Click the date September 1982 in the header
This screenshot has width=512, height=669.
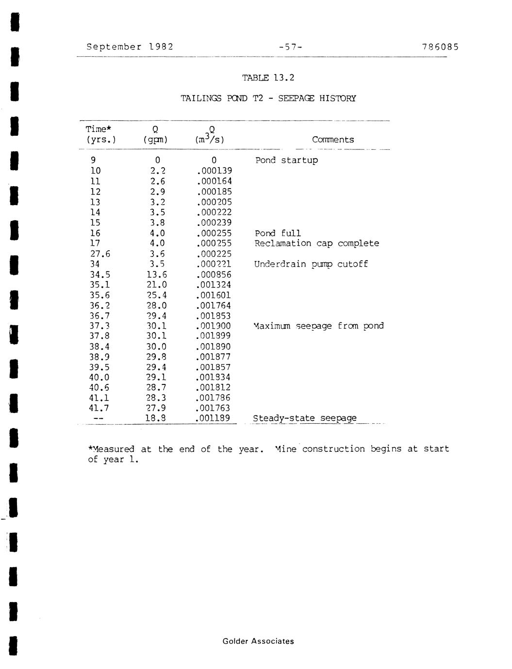tap(130, 47)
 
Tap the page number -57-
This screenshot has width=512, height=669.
tap(291, 47)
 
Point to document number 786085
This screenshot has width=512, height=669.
tap(440, 47)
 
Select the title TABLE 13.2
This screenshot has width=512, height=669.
tap(268, 78)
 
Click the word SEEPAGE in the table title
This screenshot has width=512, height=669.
tap(296, 98)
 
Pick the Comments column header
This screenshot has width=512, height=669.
tap(333, 140)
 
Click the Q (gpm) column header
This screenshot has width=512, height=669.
tap(155, 135)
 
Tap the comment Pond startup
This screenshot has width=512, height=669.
tap(286, 160)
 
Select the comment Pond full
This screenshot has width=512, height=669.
tap(278, 233)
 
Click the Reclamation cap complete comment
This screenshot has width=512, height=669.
tap(316, 243)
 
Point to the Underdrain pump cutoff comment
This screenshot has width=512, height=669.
tap(311, 264)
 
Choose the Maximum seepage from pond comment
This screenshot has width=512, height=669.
tap(318, 326)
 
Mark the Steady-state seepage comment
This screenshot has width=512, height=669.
tap(305, 418)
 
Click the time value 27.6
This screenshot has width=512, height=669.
tap(99, 254)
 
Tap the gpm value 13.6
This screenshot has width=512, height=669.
tap(156, 274)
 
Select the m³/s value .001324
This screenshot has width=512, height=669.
tap(214, 285)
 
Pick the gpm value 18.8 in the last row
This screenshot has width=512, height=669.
tap(156, 418)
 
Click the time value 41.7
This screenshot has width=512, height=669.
tap(99, 408)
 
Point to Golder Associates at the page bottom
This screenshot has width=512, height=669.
tap(258, 641)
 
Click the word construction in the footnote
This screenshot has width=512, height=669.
tap(333, 449)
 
